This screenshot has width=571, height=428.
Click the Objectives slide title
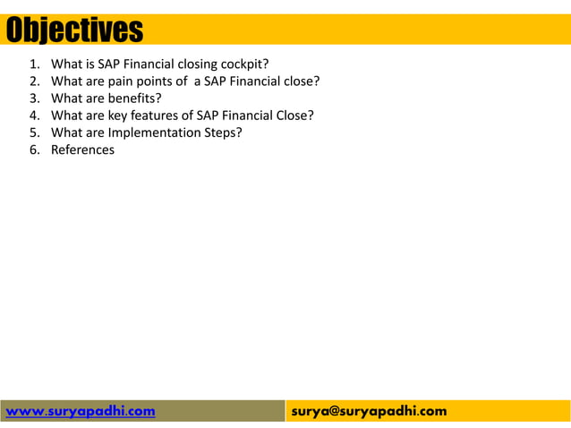click(75, 30)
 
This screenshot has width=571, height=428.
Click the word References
click(82, 150)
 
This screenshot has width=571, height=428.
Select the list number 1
click(34, 64)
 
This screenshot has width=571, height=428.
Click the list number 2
click(34, 81)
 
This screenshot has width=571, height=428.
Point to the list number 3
click(34, 98)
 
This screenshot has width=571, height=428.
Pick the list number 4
click(34, 116)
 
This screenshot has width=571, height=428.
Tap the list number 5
click(34, 133)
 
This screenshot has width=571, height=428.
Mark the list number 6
click(34, 150)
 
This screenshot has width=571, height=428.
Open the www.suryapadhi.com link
click(81, 411)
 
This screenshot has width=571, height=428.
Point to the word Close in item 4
click(295, 116)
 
